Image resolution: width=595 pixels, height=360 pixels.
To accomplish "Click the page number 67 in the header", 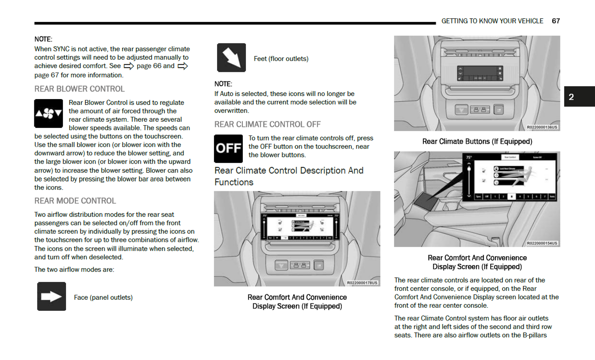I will tap(556, 21).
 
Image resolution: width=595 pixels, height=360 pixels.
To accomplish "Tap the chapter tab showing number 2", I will tap(579, 97).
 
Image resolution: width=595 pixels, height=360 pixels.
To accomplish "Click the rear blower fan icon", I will tap(49, 113).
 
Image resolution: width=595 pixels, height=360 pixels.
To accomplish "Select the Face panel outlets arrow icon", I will tap(51, 296).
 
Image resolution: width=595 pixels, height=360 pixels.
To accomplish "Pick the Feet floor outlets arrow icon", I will tap(231, 58).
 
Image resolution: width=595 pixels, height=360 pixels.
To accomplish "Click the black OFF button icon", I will tap(228, 148).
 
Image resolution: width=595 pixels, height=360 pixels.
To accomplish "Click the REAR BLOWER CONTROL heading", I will tap(79, 89).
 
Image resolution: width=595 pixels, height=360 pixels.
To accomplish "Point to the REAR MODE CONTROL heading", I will tap(75, 201).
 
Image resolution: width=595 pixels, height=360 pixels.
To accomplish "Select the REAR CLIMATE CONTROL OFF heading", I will tap(267, 124).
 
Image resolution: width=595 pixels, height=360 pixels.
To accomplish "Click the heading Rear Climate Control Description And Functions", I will tap(289, 176).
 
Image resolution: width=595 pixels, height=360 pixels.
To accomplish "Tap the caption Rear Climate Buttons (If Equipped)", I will tap(477, 141).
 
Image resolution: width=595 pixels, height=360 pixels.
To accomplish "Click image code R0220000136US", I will tap(542, 127).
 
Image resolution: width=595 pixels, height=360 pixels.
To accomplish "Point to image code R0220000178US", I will tap(362, 283).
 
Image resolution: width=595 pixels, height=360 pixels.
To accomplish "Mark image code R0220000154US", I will tap(542, 243).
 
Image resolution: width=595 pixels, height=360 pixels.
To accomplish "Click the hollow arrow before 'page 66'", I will tap(129, 66).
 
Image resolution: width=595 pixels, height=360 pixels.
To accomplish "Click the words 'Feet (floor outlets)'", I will tap(281, 59).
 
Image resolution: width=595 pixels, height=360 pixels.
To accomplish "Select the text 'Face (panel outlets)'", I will tap(103, 297).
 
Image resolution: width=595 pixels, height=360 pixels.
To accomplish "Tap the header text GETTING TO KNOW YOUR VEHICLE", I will tap(492, 21).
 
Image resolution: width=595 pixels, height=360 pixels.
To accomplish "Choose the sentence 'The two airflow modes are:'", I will tap(74, 269).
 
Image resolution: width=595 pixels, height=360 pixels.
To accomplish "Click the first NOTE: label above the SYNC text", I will tap(43, 39).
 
